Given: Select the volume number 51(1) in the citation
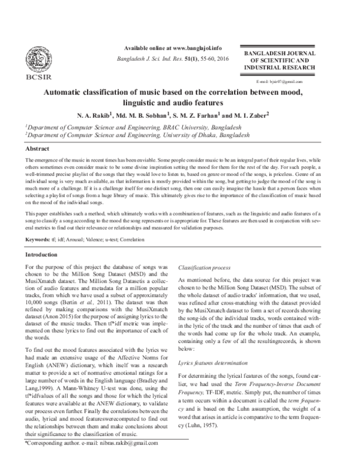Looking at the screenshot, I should (191, 61).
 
